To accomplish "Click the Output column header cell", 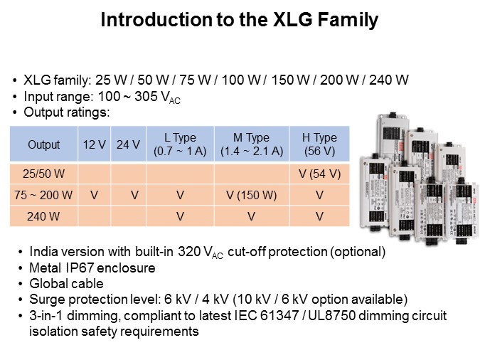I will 44,144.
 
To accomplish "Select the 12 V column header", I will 94,144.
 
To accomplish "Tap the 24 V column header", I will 128,144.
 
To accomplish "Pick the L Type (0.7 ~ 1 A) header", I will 180,144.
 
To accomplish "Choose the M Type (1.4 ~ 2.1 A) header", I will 252,144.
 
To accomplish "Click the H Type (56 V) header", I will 319,144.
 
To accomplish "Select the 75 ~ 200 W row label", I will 44,195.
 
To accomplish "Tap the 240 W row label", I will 44,216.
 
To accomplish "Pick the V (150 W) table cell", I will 252,195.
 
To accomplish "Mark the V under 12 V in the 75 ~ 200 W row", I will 94,195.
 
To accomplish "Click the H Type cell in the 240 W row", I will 319,216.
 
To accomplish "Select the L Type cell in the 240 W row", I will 180,216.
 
